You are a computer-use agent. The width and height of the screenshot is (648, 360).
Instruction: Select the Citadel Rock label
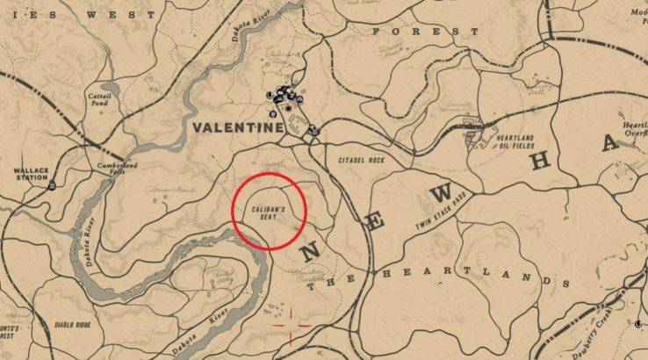tap(362, 161)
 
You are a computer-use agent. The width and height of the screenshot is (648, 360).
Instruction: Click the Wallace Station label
tap(24, 175)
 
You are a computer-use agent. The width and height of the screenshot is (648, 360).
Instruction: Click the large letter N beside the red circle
tap(310, 252)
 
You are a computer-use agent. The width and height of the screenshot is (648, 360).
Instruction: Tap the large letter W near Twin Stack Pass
tap(444, 191)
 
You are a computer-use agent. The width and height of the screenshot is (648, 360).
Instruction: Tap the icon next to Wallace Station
tap(54, 185)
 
